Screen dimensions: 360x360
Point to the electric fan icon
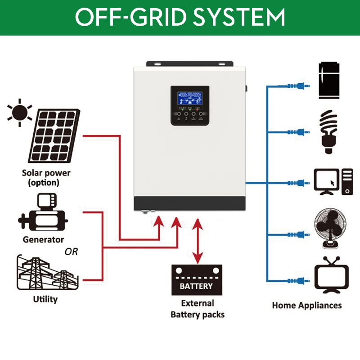[332, 230]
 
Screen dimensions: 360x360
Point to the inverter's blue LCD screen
[189, 99]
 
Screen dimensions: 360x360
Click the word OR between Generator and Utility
[71, 252]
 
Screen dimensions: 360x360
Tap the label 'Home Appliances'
[306, 305]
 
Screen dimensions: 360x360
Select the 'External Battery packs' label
[198, 309]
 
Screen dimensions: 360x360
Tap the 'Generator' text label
[44, 239]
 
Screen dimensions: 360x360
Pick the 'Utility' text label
[45, 299]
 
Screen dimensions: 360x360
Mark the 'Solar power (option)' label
[46, 178]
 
